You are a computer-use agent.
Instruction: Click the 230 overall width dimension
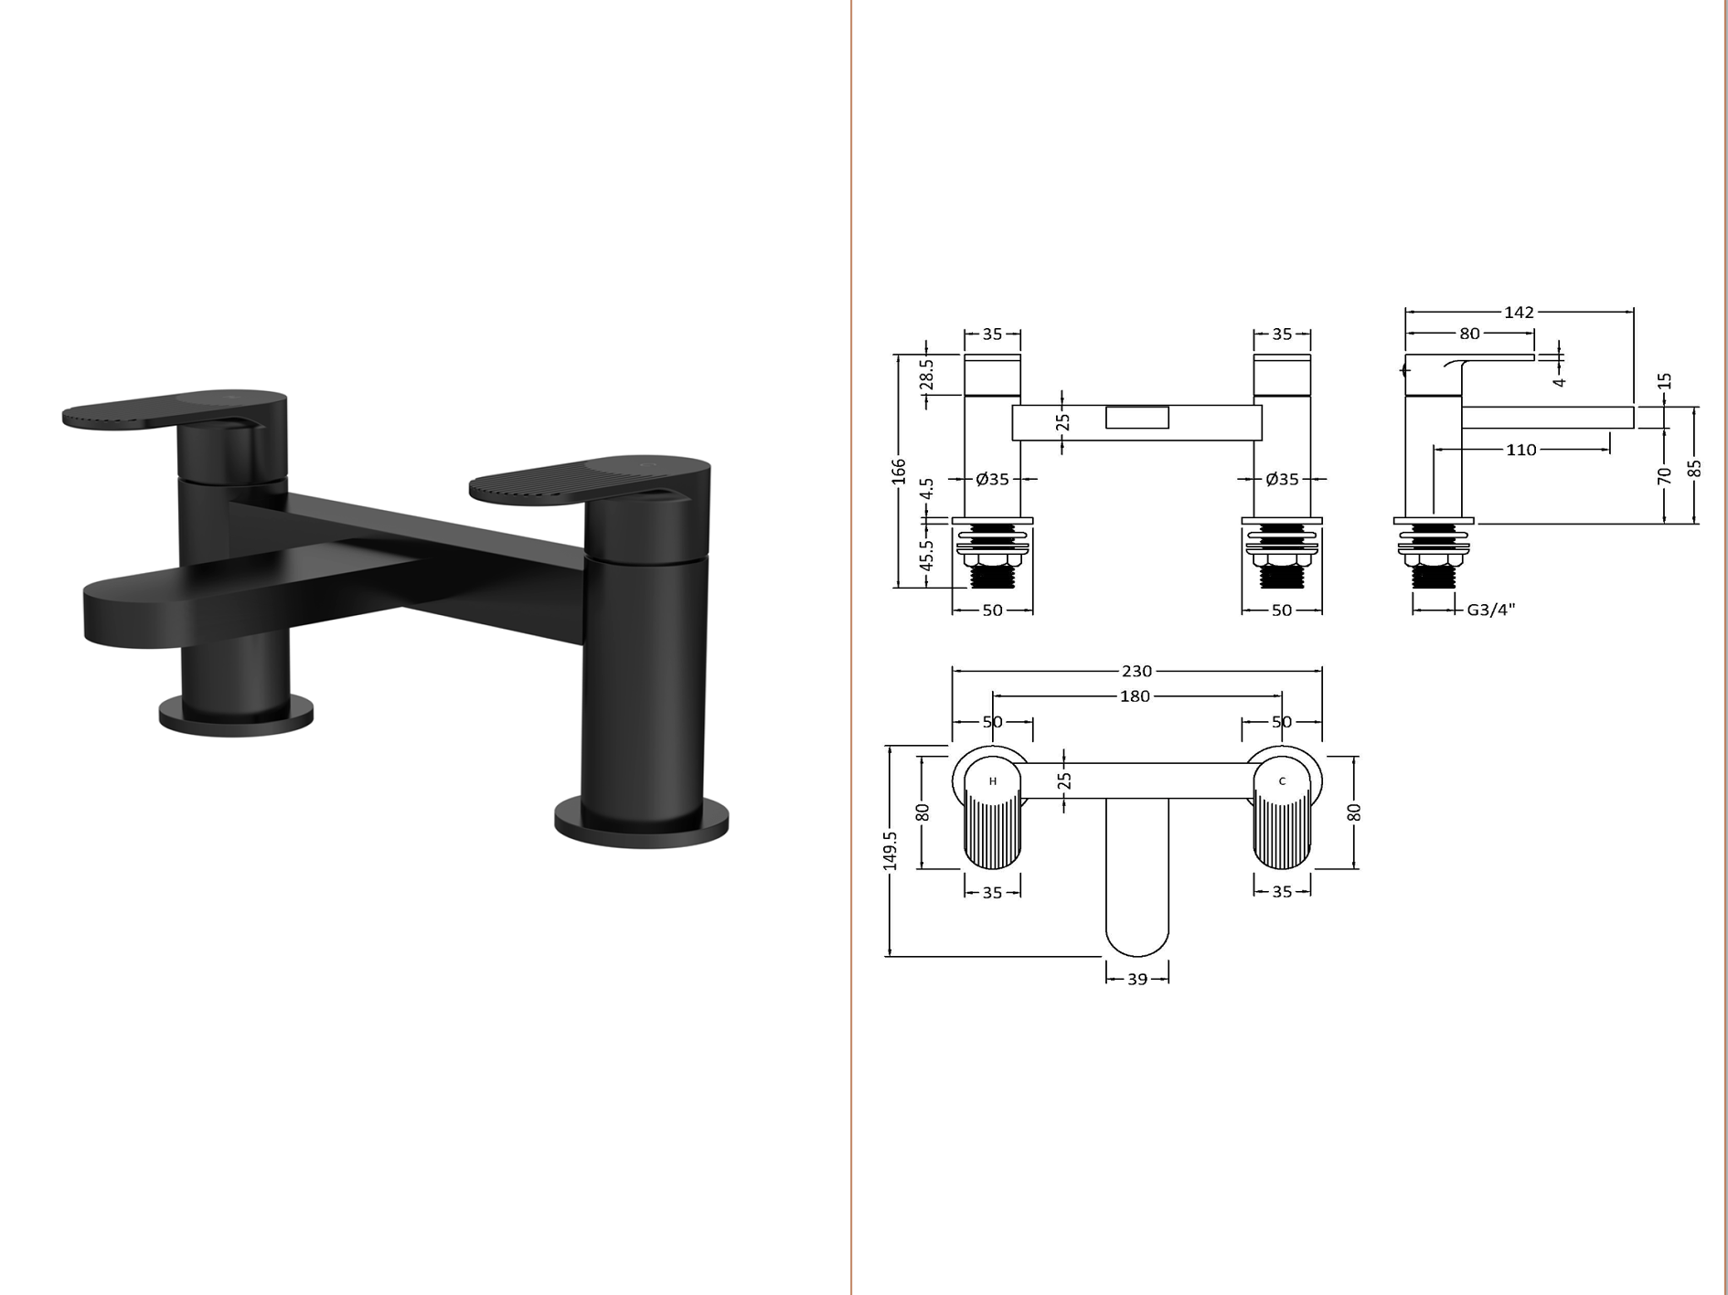[x=1136, y=671]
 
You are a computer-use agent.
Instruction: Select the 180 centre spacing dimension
[x=1135, y=696]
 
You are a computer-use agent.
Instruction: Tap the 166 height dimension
[x=899, y=472]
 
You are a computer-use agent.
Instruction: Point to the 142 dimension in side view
[x=1519, y=313]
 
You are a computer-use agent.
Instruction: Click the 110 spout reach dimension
[x=1521, y=450]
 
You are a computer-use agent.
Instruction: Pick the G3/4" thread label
[x=1490, y=610]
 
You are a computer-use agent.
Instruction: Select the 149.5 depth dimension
[x=891, y=850]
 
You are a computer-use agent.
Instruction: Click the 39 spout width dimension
[x=1136, y=980]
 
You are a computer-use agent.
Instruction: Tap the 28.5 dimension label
[x=926, y=375]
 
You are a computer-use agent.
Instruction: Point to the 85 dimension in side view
[x=1694, y=468]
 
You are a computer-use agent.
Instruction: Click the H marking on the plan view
[x=993, y=781]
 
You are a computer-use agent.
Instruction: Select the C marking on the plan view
[x=1282, y=781]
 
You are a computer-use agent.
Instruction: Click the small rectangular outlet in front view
[x=1137, y=418]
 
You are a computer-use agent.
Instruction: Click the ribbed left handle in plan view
[x=993, y=832]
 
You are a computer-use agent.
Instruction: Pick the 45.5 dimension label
[x=926, y=556]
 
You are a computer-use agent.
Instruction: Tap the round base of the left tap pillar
[x=236, y=712]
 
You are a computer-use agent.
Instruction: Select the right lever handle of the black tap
[x=590, y=476]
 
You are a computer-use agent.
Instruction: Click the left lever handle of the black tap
[x=174, y=409]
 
